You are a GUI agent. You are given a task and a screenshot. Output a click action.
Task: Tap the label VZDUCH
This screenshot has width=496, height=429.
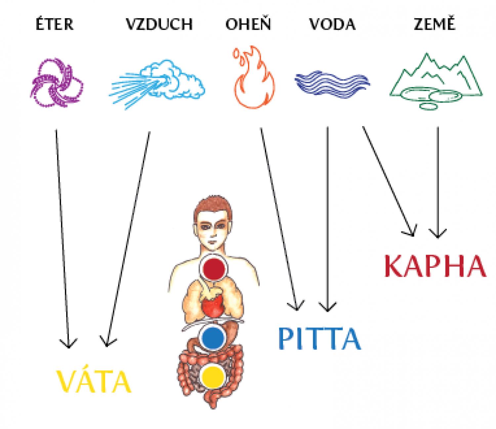(x=159, y=24)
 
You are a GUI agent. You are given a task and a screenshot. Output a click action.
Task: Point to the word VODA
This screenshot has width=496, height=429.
(x=332, y=24)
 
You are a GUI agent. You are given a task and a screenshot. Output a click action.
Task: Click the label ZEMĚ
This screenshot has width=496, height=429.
(x=434, y=23)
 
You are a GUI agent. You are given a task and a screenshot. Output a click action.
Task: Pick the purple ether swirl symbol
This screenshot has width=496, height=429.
(x=57, y=82)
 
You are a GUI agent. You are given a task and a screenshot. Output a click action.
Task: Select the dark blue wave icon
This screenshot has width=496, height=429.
(x=332, y=84)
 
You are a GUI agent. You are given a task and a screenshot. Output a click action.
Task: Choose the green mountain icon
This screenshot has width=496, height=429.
(x=436, y=82)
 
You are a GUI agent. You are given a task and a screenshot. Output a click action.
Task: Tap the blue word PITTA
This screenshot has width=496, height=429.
(x=320, y=338)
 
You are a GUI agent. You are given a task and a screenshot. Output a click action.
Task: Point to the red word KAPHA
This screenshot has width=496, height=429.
(x=435, y=266)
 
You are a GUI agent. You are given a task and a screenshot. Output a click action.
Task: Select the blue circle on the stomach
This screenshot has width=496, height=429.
(x=213, y=338)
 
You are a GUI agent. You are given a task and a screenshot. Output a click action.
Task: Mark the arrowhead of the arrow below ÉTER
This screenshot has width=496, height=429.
(x=69, y=346)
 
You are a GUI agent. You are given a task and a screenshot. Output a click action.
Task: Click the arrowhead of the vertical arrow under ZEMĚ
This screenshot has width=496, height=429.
(x=438, y=237)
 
